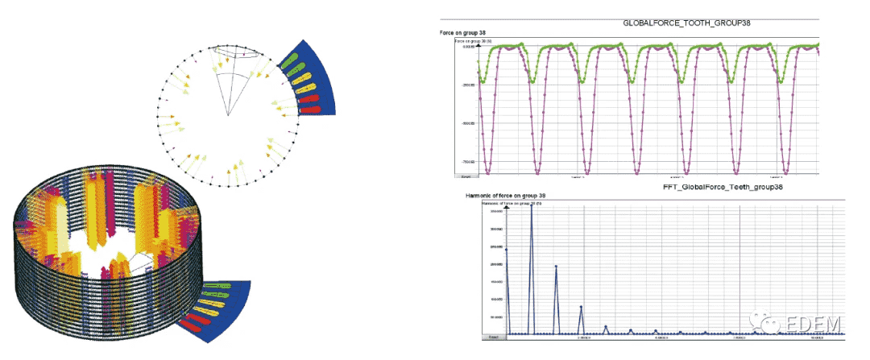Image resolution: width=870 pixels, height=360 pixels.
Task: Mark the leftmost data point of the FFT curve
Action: [506, 250]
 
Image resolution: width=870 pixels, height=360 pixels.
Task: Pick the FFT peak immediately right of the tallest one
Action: [556, 267]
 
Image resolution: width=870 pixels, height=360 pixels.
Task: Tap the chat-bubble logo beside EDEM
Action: [764, 320]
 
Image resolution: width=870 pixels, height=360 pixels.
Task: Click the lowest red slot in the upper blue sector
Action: [314, 107]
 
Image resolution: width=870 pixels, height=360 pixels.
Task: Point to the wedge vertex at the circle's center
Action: [228, 115]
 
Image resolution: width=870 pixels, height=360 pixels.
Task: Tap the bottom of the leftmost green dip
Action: [482, 82]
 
